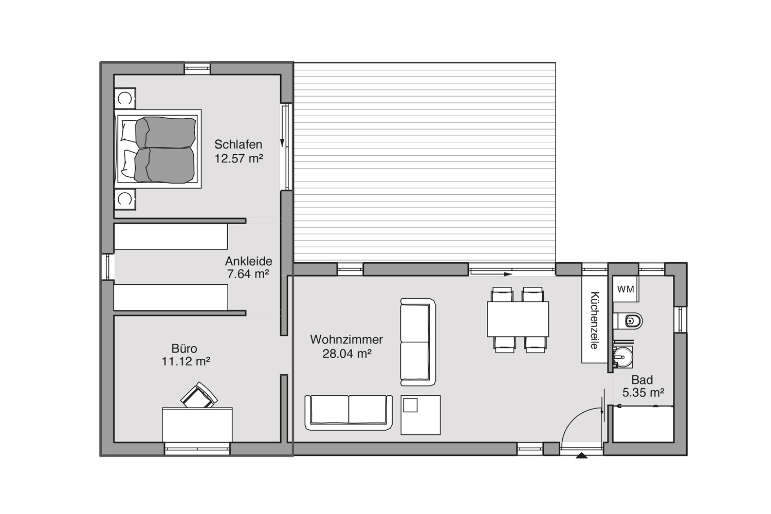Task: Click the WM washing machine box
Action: coord(626,289)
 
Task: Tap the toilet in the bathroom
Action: coord(628,321)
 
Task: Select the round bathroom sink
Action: coord(623,357)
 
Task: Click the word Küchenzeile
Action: coord(594,320)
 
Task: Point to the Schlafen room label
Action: coord(238,144)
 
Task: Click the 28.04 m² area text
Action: coord(346,354)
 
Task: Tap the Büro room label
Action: coord(184,348)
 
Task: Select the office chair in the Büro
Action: coord(199,395)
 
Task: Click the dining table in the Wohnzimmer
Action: coord(518,319)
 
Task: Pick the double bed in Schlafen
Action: coord(158,149)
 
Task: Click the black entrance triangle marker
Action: coord(582,456)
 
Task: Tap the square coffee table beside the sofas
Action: coord(420,415)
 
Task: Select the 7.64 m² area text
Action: coord(248,274)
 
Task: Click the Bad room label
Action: coord(642,380)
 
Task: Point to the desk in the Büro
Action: coord(197,425)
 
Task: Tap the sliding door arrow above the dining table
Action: coord(491,274)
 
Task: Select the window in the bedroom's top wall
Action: coord(197,69)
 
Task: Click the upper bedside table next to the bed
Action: coord(125,99)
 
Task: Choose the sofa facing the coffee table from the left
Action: coord(348,413)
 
